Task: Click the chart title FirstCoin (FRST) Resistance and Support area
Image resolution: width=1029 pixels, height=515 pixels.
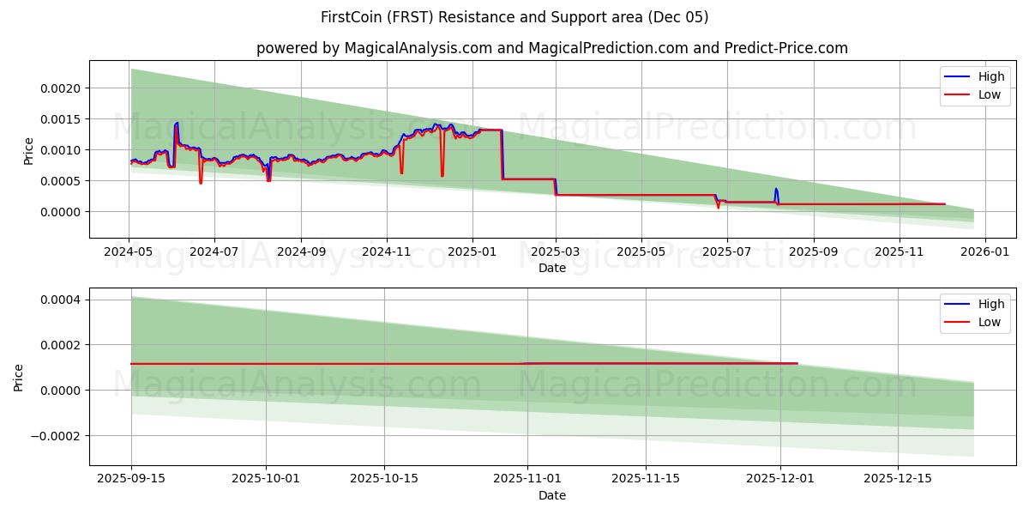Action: click(514, 17)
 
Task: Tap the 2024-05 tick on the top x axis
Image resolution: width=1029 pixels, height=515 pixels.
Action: click(129, 253)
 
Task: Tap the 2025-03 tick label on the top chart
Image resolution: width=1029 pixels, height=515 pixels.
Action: click(556, 253)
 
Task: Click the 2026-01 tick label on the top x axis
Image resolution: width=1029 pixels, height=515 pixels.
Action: click(984, 253)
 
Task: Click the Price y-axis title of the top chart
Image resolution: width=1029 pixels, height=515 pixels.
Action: click(28, 151)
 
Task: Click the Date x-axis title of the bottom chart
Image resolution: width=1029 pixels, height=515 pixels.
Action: click(551, 495)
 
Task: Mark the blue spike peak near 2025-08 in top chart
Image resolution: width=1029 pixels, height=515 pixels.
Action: click(776, 189)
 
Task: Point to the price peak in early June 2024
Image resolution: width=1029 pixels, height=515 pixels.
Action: click(177, 123)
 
